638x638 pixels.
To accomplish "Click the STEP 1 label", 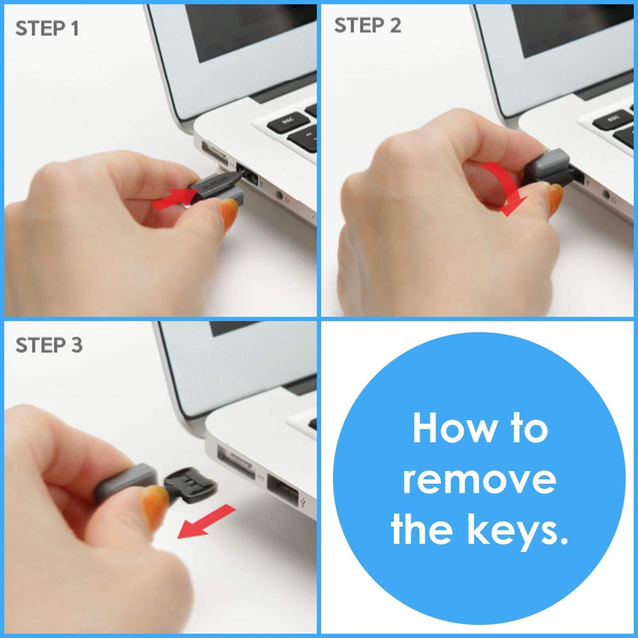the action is coord(47,29).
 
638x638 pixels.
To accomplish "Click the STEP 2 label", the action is coord(367,26).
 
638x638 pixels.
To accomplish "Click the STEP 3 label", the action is coord(49,345).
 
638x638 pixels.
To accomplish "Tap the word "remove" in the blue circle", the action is coord(479,479).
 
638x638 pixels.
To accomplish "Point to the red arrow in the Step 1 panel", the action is coord(172,199).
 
